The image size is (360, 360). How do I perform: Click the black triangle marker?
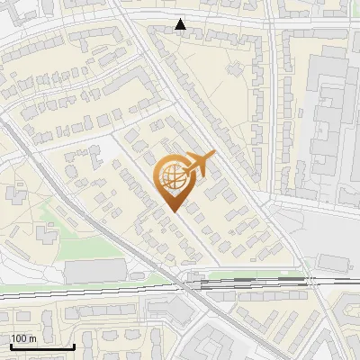click(x=182, y=24)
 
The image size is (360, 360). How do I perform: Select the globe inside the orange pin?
click(x=171, y=177)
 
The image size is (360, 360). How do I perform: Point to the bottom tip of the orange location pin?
click(x=172, y=211)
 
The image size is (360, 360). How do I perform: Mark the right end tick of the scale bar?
click(x=74, y=346)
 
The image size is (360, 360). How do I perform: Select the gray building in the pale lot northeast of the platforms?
click(x=335, y=261)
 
